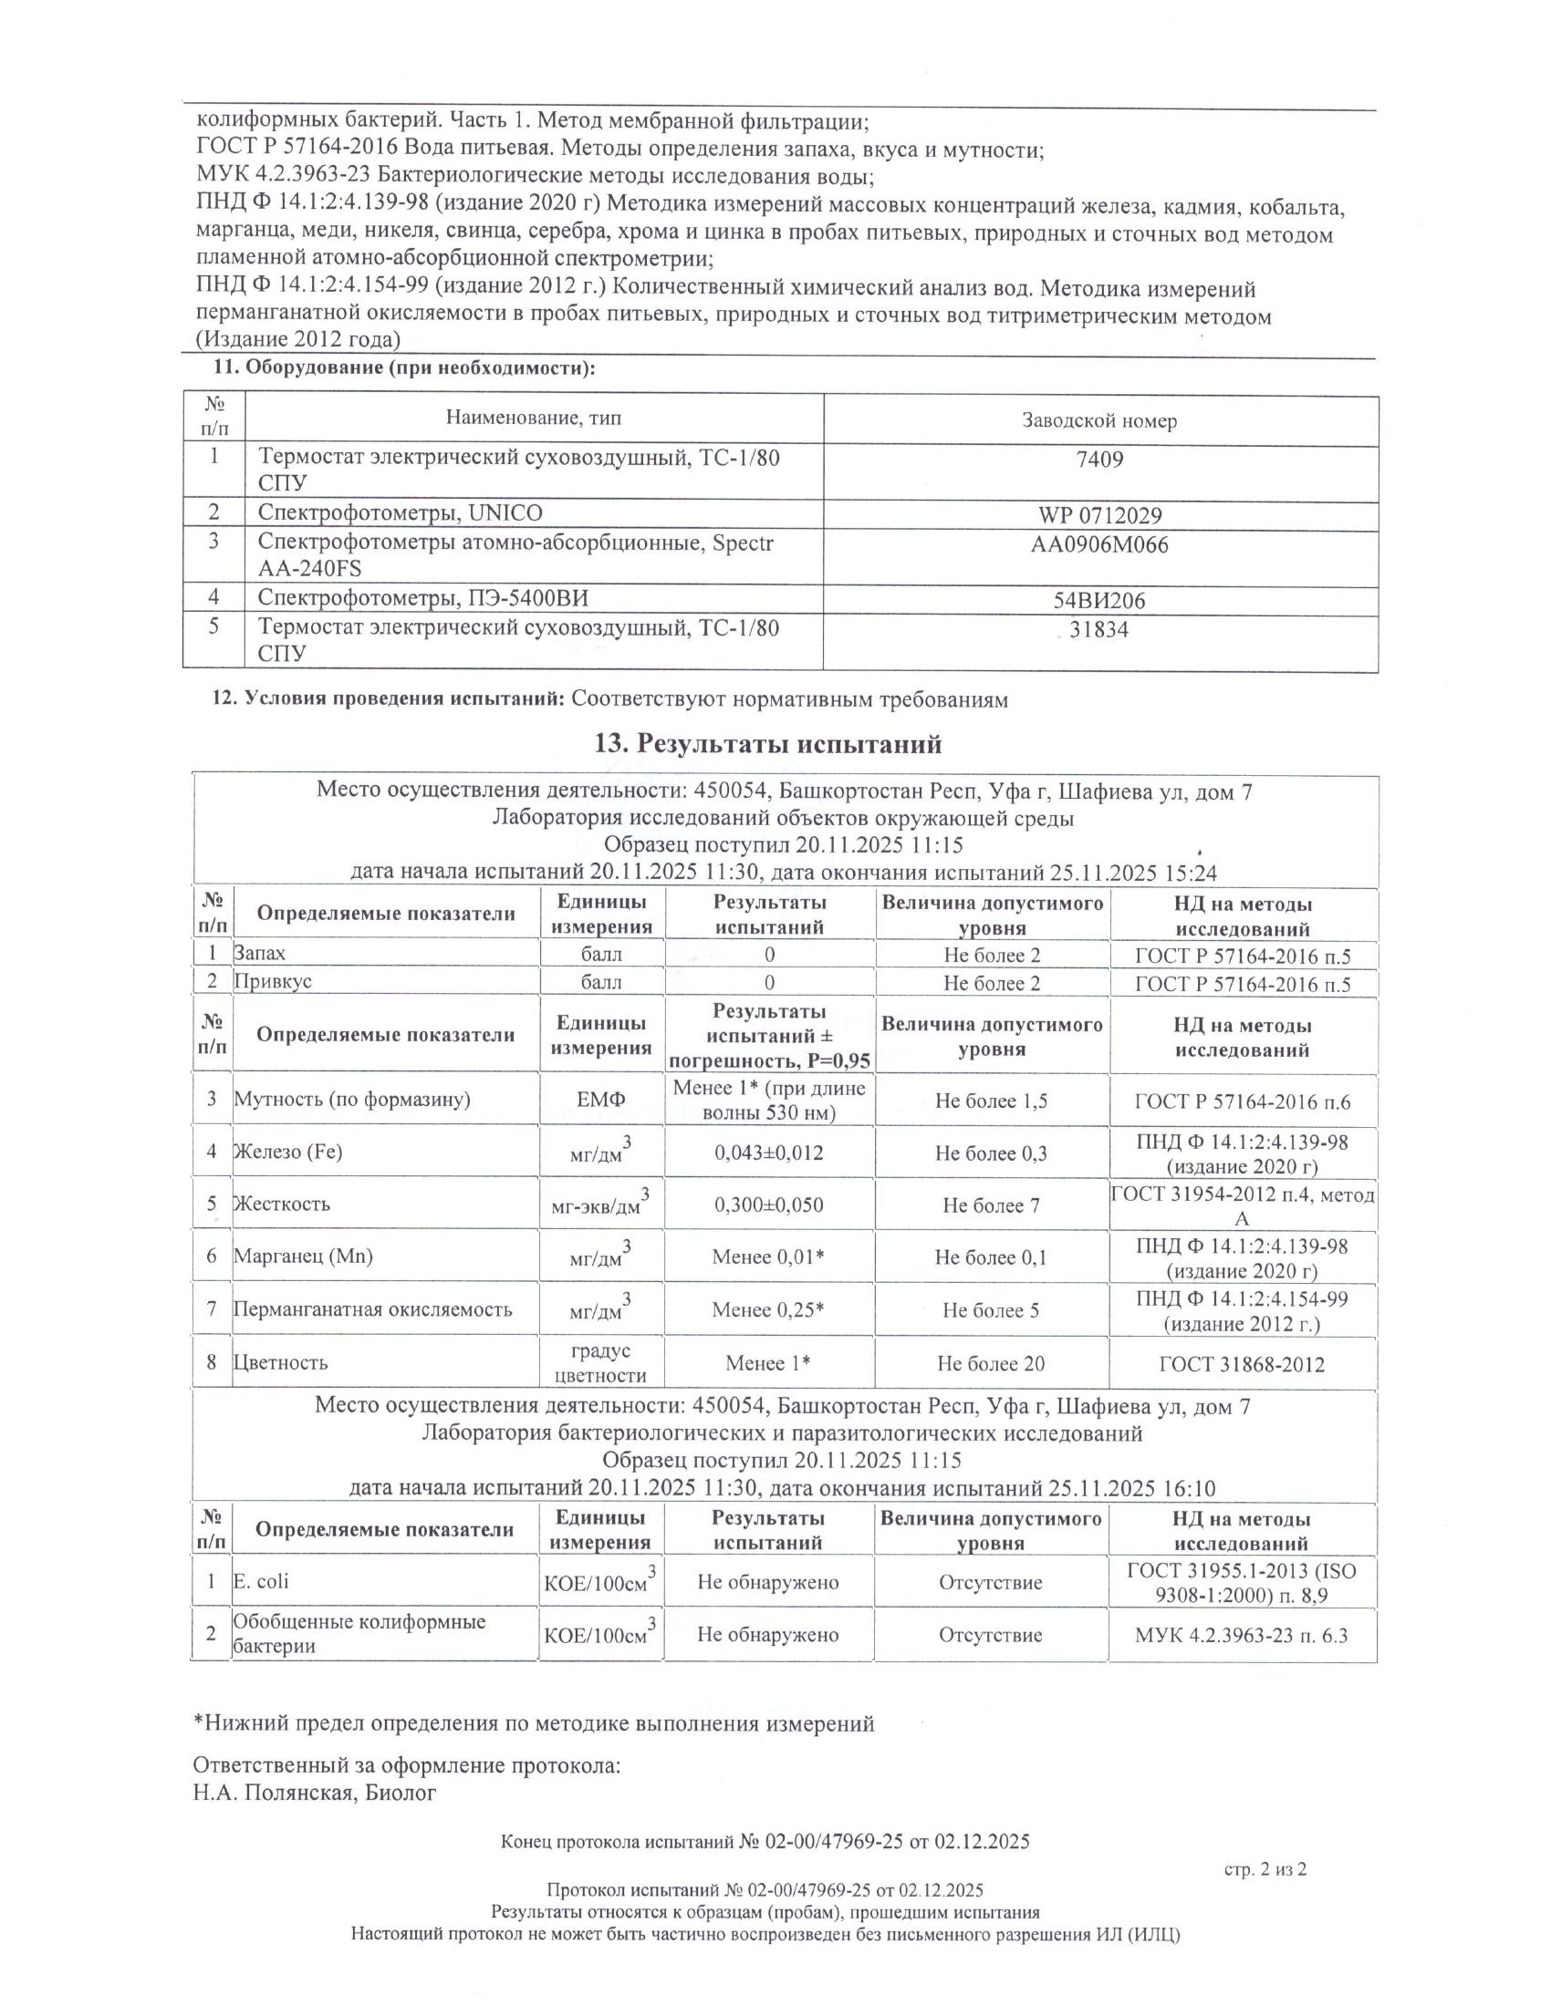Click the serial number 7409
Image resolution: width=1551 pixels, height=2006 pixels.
point(1099,460)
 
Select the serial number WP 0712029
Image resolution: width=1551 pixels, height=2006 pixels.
point(1099,516)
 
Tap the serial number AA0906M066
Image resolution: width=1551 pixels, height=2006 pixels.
point(1099,545)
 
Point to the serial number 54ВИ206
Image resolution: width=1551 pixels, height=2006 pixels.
point(1099,602)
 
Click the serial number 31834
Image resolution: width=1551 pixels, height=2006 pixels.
point(1099,630)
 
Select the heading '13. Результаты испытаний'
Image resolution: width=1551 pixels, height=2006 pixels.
point(768,743)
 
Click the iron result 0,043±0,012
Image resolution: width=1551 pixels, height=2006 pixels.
point(769,1153)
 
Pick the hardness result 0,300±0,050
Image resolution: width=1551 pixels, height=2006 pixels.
point(769,1205)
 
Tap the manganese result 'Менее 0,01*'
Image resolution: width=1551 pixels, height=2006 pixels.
point(768,1257)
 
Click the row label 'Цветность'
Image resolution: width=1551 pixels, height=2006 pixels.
point(280,1362)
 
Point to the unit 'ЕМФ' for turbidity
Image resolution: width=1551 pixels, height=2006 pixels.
point(601,1101)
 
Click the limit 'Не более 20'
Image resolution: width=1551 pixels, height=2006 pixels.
point(991,1364)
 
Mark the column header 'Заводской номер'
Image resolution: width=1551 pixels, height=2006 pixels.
point(1099,421)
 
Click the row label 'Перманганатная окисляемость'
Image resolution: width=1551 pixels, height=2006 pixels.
point(372,1309)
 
